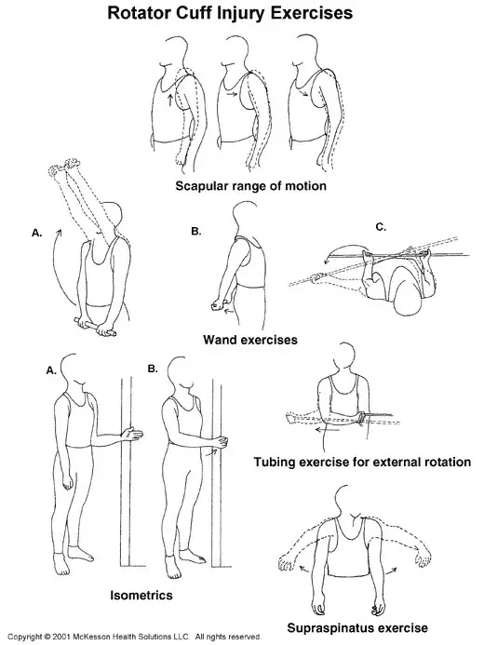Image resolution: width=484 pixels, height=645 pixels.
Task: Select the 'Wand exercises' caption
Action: click(250, 340)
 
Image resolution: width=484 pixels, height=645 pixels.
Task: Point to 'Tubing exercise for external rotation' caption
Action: click(369, 462)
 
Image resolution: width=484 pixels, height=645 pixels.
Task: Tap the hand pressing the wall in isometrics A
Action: click(136, 435)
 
